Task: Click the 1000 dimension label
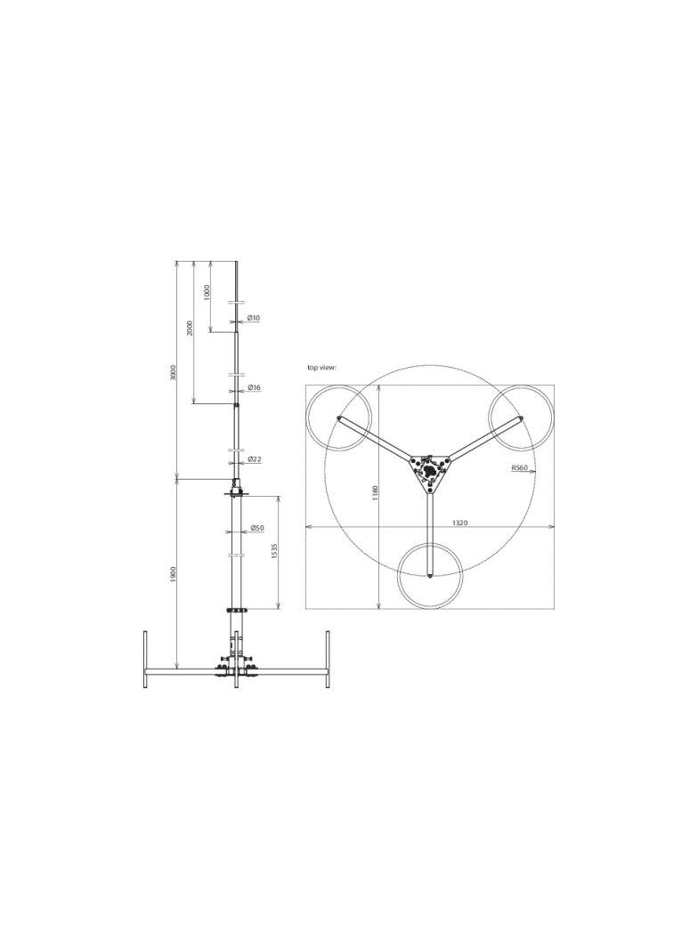click(206, 292)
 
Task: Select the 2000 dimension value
click(190, 328)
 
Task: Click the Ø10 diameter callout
click(254, 318)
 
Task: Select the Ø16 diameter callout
click(255, 388)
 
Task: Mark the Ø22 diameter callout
click(255, 459)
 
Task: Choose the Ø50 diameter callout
click(256, 528)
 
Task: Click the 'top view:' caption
click(322, 367)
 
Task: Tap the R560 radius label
click(520, 466)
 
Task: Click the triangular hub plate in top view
click(430, 471)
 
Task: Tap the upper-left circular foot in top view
click(338, 418)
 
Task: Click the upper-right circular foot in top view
click(522, 418)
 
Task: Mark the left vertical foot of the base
click(145, 659)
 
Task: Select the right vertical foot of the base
click(328, 659)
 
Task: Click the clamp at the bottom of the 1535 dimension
click(236, 610)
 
